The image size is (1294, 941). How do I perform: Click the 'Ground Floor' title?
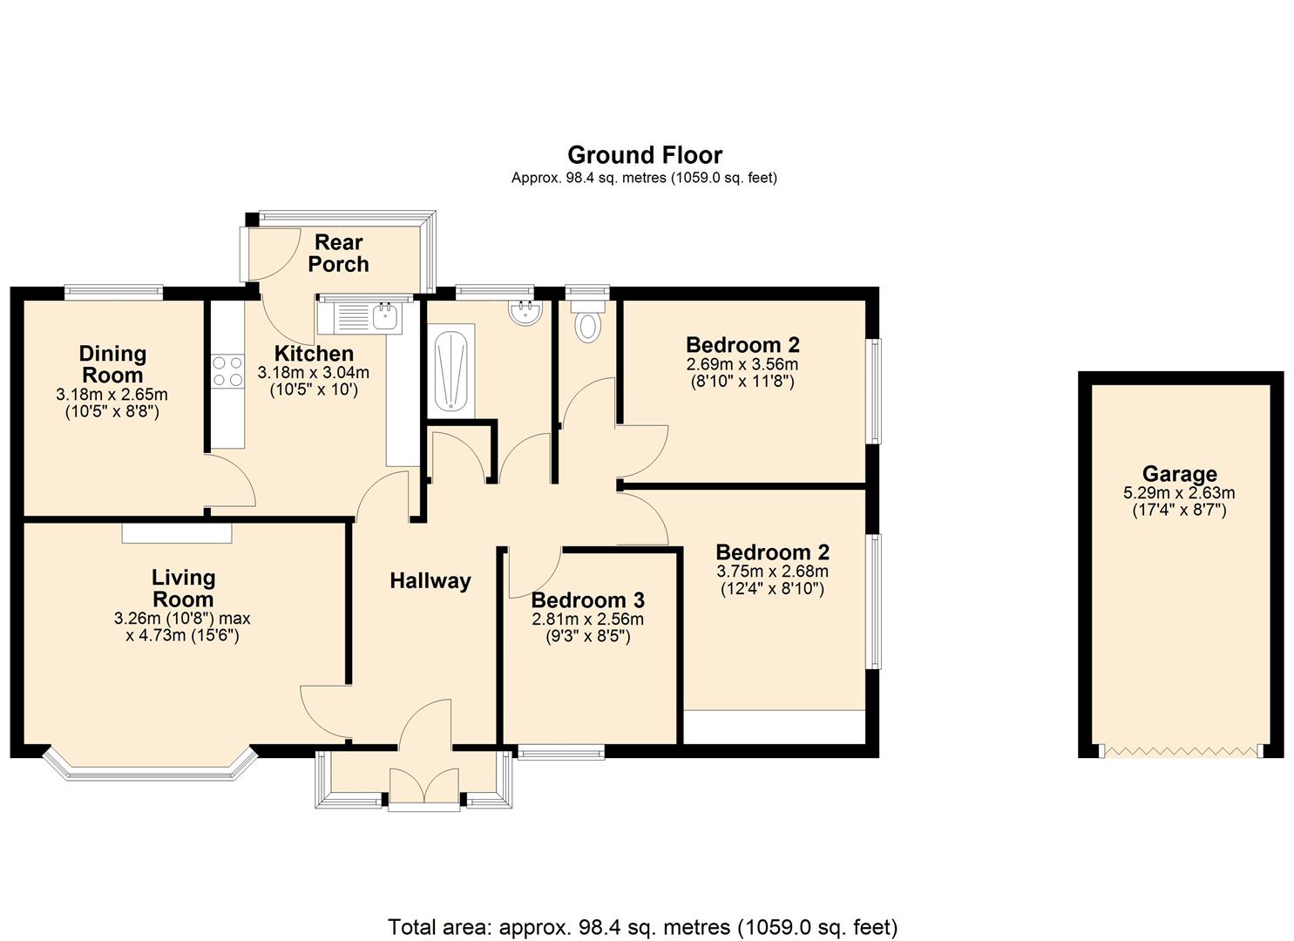coord(644,155)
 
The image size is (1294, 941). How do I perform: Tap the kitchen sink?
coord(361,315)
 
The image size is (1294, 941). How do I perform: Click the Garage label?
coord(1179,474)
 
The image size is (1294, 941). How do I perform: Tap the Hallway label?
coord(430,581)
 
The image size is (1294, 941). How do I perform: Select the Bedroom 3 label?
coord(587,600)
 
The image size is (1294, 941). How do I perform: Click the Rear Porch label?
coord(339,253)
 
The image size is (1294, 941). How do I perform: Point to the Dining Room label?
coord(112,364)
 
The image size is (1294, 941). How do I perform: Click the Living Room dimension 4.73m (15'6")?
coord(182,635)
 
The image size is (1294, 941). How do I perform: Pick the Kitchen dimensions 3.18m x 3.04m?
coord(313,373)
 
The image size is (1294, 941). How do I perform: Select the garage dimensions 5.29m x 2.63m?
coord(1179,493)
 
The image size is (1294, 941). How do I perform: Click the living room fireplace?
coord(177,532)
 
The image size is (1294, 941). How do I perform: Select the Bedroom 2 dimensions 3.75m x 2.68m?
coord(772,572)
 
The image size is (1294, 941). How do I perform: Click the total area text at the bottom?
coord(642,926)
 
